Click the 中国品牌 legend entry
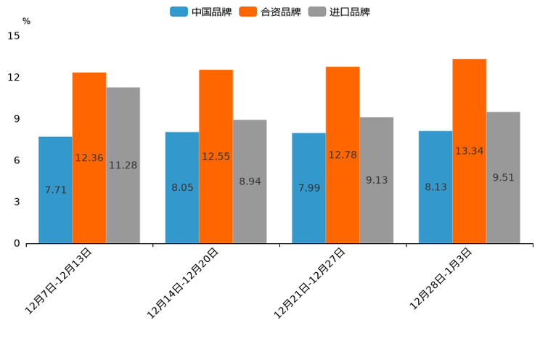[x=202, y=12]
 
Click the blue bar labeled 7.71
[x=55, y=189]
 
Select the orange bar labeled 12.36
[x=89, y=157]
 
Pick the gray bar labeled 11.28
[x=123, y=165]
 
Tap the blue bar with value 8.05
[x=182, y=187]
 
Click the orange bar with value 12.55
[x=216, y=156]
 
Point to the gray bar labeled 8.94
[x=250, y=181]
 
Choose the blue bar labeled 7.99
[x=308, y=188]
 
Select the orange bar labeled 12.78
[x=343, y=155]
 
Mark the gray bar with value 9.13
[x=376, y=180]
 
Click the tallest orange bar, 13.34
[x=470, y=151]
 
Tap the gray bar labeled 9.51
[x=503, y=177]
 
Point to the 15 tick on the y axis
[x=14, y=36]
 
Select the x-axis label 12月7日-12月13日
[x=59, y=281]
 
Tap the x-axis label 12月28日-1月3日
[x=441, y=279]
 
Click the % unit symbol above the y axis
[x=26, y=21]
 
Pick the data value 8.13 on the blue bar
[x=435, y=187]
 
